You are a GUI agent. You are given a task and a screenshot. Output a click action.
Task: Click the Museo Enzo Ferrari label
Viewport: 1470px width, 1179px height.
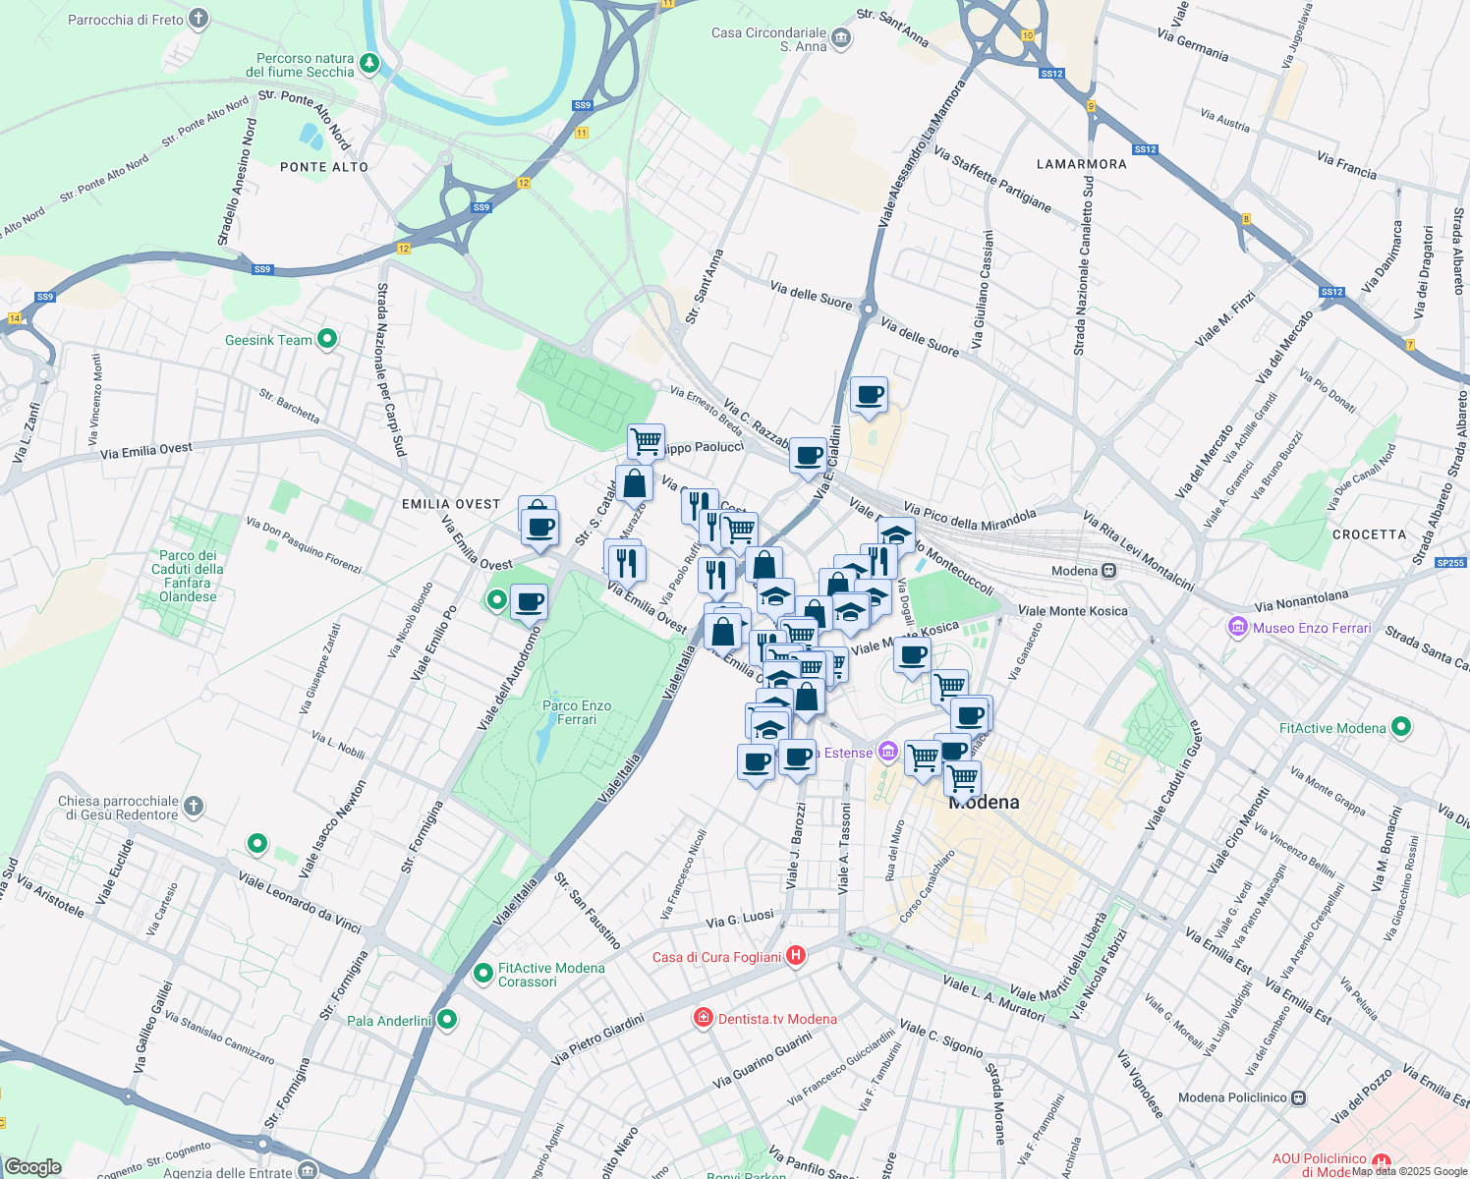(x=1312, y=628)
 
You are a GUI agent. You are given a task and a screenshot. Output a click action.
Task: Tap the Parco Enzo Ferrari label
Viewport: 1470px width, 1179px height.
(x=577, y=712)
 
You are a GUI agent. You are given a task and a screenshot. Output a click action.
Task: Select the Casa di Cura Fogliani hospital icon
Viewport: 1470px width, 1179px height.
(x=797, y=955)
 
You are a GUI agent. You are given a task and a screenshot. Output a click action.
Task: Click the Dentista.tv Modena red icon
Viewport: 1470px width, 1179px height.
(x=703, y=1018)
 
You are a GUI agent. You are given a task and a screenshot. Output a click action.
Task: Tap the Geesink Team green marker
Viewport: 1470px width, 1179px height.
(x=327, y=339)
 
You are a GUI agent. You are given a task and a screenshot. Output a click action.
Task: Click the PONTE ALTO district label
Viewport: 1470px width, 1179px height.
(x=324, y=167)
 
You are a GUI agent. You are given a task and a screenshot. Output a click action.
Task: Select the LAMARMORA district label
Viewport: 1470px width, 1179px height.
(x=1082, y=164)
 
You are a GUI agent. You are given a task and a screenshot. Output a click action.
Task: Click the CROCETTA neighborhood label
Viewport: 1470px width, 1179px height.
(x=1369, y=534)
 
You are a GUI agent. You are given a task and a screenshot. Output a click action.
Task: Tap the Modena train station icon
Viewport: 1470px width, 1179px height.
(x=1109, y=571)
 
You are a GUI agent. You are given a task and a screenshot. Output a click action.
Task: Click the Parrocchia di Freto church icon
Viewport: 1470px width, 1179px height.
(x=198, y=19)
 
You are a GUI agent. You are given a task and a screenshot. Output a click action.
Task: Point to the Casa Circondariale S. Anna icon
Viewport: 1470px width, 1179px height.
(x=841, y=38)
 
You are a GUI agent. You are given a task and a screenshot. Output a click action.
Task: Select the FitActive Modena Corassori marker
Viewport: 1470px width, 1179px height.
(x=482, y=973)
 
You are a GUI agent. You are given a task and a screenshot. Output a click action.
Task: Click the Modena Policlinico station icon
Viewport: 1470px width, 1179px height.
(x=1299, y=1097)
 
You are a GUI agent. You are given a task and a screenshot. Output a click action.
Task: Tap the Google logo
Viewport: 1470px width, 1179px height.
(x=32, y=1166)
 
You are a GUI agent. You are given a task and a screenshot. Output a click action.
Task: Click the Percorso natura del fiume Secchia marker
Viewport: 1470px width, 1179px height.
(x=369, y=64)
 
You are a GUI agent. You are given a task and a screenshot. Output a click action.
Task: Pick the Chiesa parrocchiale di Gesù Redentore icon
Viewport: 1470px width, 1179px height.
(x=195, y=807)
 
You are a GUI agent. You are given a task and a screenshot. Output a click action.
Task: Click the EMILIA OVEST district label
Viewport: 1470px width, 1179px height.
(x=451, y=504)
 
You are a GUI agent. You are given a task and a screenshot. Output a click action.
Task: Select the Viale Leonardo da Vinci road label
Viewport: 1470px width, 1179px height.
(x=300, y=901)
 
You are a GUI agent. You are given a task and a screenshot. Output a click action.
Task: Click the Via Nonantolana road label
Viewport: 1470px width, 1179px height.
(x=1302, y=599)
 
